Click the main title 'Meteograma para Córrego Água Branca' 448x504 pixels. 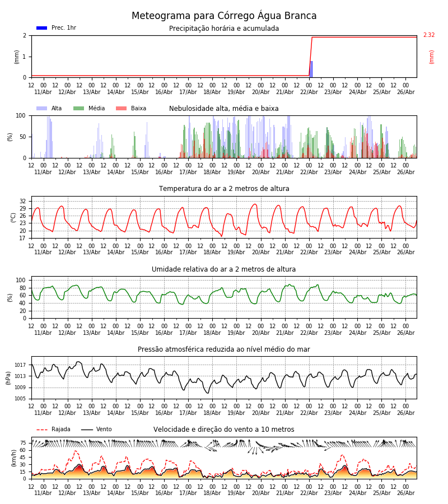click(x=224, y=16)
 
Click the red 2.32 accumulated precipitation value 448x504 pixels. click(x=429, y=35)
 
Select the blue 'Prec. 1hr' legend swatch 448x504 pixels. click(x=42, y=28)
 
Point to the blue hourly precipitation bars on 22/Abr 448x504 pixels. click(x=311, y=69)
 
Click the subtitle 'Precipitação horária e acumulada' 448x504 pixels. click(x=224, y=29)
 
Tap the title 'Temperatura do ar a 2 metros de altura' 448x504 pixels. click(x=224, y=189)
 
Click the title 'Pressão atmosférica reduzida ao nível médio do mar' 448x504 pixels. click(x=224, y=349)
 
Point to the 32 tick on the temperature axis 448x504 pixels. click(x=22, y=201)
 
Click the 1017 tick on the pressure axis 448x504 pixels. click(x=20, y=365)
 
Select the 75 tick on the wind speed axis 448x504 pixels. click(x=23, y=443)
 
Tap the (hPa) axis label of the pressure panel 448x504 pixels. click(x=8, y=378)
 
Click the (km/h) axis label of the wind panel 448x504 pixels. click(x=13, y=458)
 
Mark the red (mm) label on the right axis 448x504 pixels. click(x=431, y=57)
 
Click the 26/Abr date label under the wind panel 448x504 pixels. click(x=405, y=493)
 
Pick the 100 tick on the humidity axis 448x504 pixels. click(x=21, y=281)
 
